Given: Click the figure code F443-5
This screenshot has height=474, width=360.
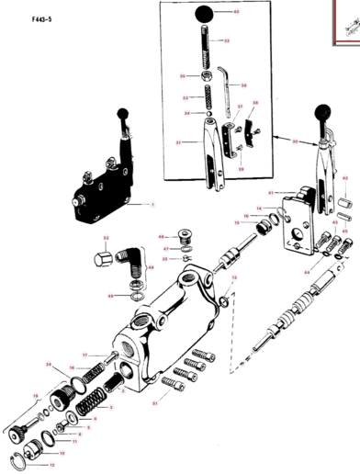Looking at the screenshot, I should (x=21, y=18).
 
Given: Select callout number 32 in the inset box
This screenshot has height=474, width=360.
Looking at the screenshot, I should (x=227, y=41).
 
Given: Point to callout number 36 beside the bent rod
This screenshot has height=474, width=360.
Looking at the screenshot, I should (x=244, y=85).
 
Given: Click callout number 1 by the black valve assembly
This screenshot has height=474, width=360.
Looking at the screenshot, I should (x=152, y=204).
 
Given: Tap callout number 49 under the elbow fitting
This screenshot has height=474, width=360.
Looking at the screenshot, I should (x=109, y=297).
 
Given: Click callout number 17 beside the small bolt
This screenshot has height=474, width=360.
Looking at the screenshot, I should (x=84, y=355).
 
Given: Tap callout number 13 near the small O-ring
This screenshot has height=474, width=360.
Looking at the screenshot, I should (x=234, y=276).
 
